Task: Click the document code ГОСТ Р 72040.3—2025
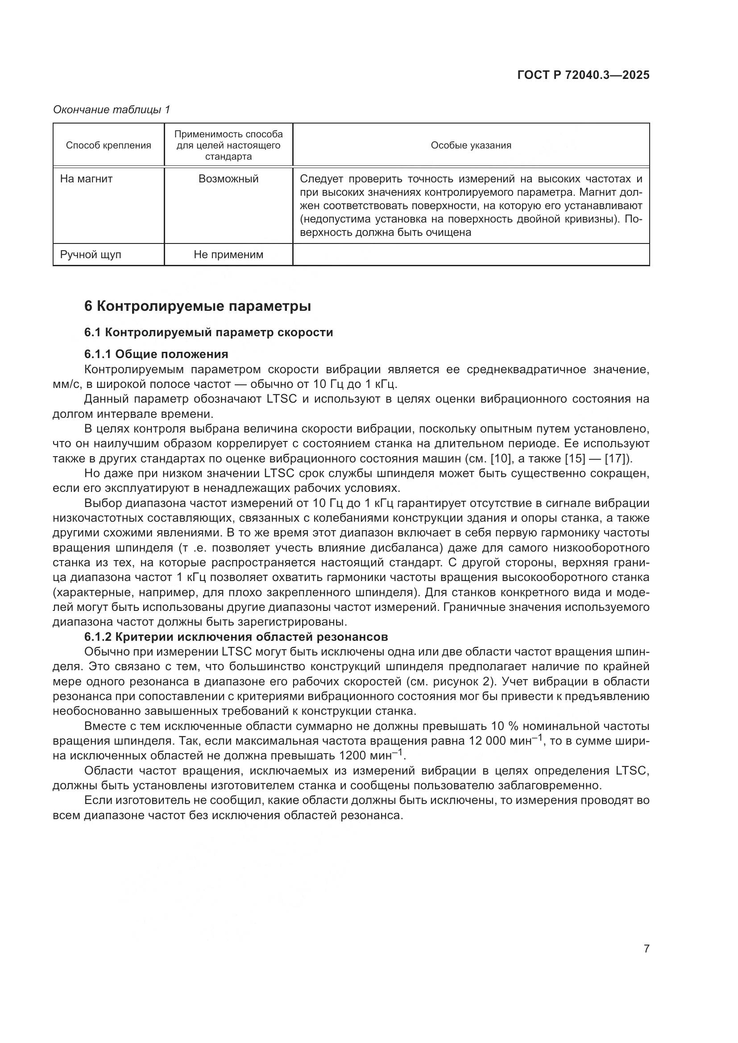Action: pyautogui.click(x=583, y=75)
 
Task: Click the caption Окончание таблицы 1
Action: pyautogui.click(x=112, y=110)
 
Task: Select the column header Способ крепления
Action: pyautogui.click(x=108, y=145)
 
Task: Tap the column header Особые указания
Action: pyautogui.click(x=471, y=145)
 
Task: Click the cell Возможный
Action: pyautogui.click(x=228, y=179)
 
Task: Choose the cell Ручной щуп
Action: pyautogui.click(x=91, y=254)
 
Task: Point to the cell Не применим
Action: pyautogui.click(x=228, y=254)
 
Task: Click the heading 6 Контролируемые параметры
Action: pyautogui.click(x=198, y=306)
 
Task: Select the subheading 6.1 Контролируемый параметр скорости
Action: pyautogui.click(x=208, y=333)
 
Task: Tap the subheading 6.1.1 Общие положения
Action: pyautogui.click(x=156, y=354)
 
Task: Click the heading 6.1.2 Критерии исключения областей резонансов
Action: pyautogui.click(x=236, y=637)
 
